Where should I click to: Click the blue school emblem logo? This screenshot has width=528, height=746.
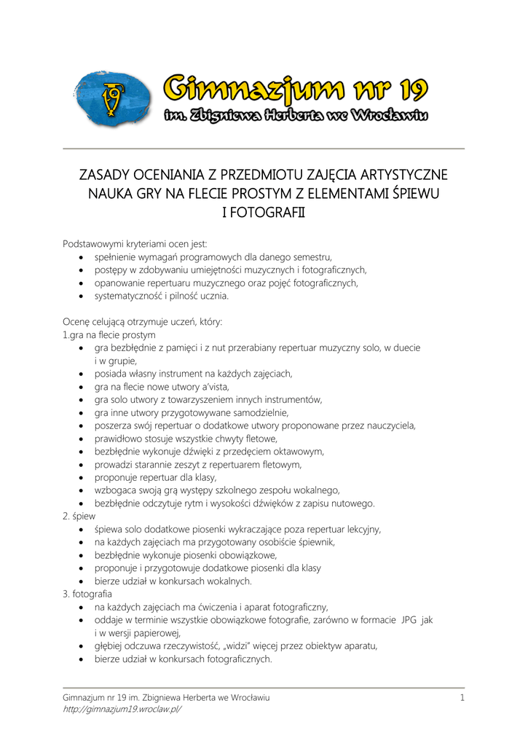click(113, 99)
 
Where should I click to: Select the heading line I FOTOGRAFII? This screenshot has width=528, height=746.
click(263, 213)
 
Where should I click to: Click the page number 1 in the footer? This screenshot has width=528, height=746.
click(462, 698)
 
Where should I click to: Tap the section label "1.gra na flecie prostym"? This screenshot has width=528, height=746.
click(109, 335)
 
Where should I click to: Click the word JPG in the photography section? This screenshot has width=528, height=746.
click(409, 620)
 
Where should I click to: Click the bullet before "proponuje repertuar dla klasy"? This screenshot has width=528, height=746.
click(82, 478)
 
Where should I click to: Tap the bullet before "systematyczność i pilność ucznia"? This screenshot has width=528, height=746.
click(82, 297)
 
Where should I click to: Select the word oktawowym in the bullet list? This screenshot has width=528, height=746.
click(299, 452)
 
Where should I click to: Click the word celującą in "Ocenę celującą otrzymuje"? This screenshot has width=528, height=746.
click(115, 322)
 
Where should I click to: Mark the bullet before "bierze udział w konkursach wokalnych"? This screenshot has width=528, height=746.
click(82, 581)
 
